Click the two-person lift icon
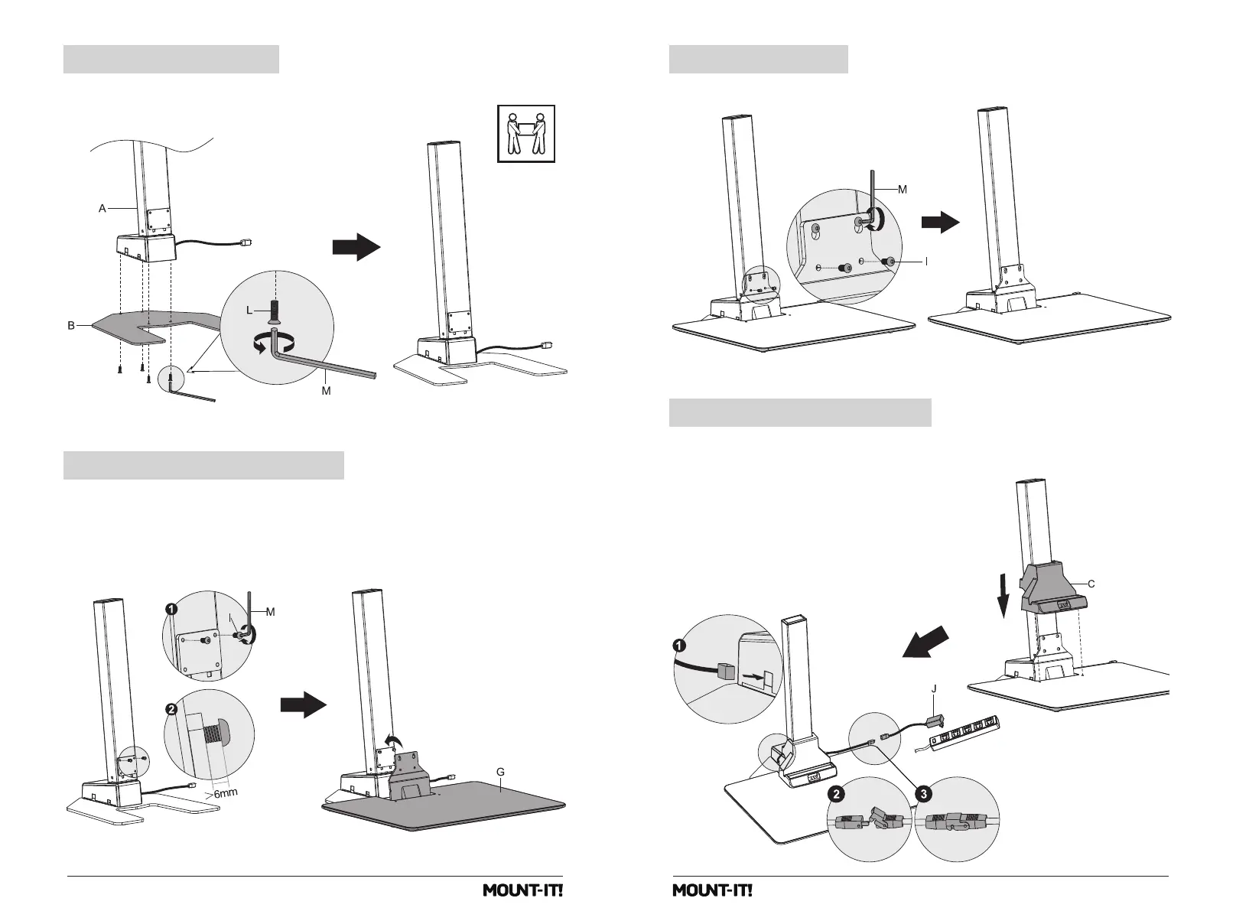point(525,134)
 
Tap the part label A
point(102,208)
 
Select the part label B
point(70,326)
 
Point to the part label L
point(250,310)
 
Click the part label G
point(500,773)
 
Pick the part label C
point(1091,584)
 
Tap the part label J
point(934,688)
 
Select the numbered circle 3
point(924,795)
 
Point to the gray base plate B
point(130,327)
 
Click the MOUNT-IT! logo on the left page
point(522,891)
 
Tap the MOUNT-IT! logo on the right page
point(712,891)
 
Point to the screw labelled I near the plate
point(889,262)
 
